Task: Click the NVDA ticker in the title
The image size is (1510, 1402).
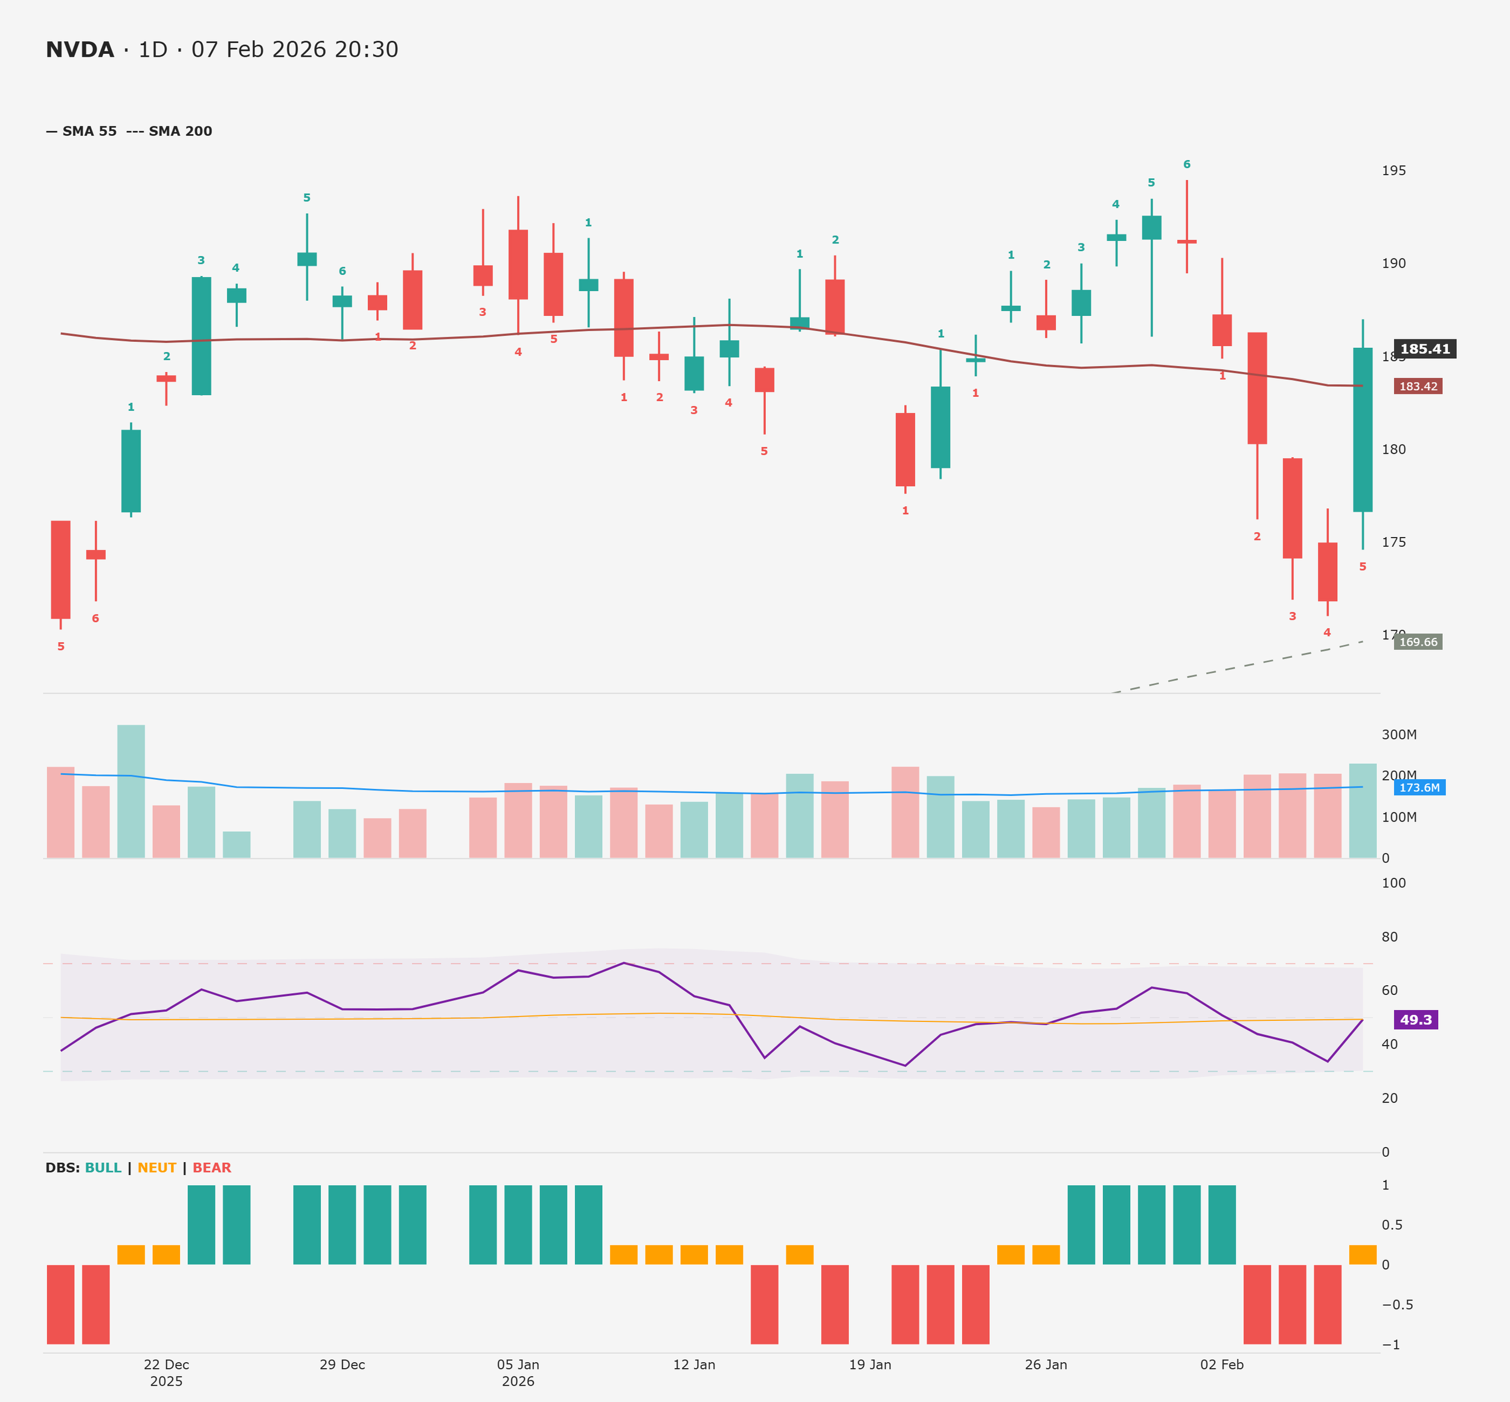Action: [80, 50]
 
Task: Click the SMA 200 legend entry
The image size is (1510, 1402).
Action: [180, 131]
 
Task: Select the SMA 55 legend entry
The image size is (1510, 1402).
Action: [89, 131]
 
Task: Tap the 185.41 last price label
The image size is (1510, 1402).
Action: [1424, 349]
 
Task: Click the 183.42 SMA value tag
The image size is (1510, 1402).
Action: [1418, 386]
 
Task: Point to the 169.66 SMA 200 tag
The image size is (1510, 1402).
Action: [1418, 642]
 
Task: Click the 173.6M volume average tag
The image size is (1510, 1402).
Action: [1419, 788]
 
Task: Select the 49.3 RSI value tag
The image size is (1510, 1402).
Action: [1415, 1020]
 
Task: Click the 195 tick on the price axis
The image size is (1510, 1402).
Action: [1393, 171]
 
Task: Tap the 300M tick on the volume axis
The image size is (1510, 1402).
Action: [1398, 735]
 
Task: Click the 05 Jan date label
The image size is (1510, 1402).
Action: [518, 1364]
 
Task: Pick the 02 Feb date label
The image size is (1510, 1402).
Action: [1222, 1364]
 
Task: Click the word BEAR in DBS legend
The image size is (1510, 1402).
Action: [211, 1168]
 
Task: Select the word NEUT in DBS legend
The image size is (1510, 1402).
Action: [156, 1168]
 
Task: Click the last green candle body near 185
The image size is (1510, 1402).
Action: [1362, 429]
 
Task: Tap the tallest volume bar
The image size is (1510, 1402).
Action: [131, 791]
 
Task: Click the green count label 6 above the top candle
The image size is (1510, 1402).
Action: [1186, 165]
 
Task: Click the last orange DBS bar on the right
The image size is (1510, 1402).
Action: [1362, 1255]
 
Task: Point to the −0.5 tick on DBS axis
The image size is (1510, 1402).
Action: [1396, 1304]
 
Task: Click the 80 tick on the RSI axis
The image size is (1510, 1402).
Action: [1389, 937]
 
